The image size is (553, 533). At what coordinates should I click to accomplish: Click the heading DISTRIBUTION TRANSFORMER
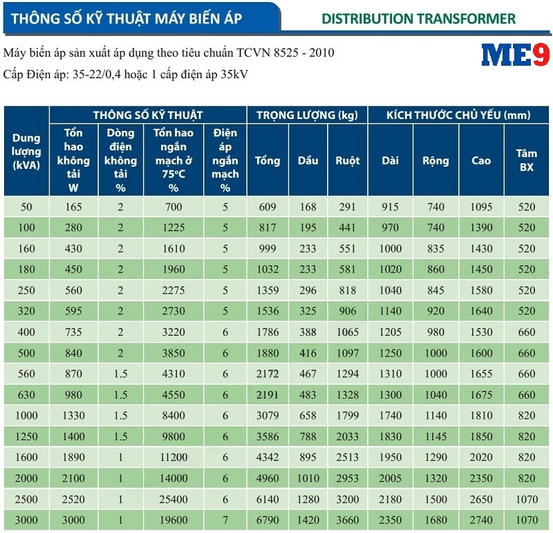coord(418,18)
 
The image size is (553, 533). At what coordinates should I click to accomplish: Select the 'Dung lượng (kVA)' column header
coord(26,152)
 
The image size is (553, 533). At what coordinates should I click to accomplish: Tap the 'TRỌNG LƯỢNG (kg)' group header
coord(307,115)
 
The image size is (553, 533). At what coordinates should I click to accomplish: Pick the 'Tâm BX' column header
coord(527,161)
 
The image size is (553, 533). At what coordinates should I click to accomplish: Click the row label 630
coord(26,395)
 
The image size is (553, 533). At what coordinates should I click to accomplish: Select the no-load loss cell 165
coord(74,207)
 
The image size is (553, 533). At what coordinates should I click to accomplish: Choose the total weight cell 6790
coord(268,520)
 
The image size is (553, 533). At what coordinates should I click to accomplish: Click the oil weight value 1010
coord(308,478)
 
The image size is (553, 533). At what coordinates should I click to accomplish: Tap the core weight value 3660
coord(348,520)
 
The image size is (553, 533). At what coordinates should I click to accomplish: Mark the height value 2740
coord(481,520)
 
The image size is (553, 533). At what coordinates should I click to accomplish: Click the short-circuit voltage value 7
coord(225,520)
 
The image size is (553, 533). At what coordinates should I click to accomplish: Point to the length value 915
coord(390,207)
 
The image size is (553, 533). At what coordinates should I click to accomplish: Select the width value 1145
coord(435,436)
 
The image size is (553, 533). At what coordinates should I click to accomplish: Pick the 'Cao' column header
coord(481,161)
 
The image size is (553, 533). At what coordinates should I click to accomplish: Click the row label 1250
coord(26,436)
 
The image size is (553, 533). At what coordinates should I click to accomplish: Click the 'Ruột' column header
coord(348,161)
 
